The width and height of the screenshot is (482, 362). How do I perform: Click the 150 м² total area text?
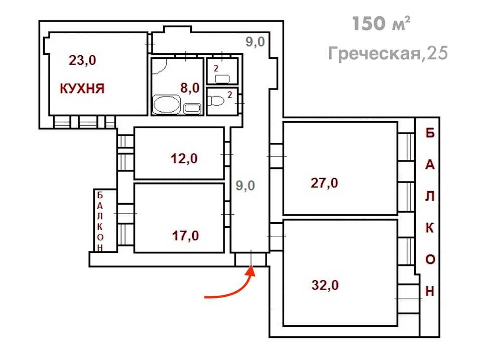pyautogui.click(x=381, y=24)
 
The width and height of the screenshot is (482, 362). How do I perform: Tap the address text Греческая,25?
pyautogui.click(x=388, y=53)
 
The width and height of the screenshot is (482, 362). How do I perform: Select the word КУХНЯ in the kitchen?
pyautogui.click(x=82, y=88)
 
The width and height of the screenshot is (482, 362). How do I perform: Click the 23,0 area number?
pyautogui.click(x=82, y=60)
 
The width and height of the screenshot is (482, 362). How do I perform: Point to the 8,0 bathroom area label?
pyautogui.click(x=190, y=88)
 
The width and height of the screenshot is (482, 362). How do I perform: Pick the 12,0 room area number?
pyautogui.click(x=184, y=159)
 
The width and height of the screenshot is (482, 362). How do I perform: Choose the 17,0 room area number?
pyautogui.click(x=185, y=236)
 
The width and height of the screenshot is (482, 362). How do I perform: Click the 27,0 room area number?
pyautogui.click(x=324, y=183)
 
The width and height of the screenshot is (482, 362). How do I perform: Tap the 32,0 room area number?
pyautogui.click(x=325, y=285)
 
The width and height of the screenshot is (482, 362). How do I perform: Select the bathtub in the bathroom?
pyautogui.click(x=166, y=104)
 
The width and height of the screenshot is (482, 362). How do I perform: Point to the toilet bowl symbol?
pyautogui.click(x=216, y=101)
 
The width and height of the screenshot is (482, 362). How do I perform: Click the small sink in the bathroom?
pyautogui.click(x=192, y=109)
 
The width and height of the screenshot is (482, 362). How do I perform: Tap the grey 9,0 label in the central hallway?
pyautogui.click(x=246, y=186)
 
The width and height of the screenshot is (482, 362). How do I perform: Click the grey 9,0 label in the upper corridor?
pyautogui.click(x=255, y=42)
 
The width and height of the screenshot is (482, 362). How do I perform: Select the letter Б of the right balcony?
pyautogui.click(x=430, y=133)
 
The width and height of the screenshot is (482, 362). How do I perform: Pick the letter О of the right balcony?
pyautogui.click(x=430, y=259)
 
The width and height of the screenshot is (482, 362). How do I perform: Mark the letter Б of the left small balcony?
pyautogui.click(x=100, y=195)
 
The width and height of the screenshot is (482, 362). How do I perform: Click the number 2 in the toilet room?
pyautogui.click(x=229, y=95)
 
